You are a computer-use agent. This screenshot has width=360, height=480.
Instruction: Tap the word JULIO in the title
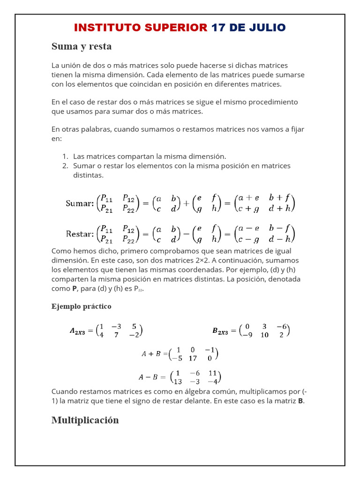(x=267, y=28)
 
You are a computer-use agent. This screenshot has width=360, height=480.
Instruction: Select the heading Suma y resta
(x=81, y=46)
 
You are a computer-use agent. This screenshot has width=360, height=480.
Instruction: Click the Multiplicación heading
(x=85, y=420)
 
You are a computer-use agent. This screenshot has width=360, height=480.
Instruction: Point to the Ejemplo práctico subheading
(x=81, y=306)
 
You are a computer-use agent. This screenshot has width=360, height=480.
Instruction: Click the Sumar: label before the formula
(x=80, y=203)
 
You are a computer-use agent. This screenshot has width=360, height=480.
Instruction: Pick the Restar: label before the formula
(x=80, y=233)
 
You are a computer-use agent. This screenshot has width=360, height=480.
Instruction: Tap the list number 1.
(x=65, y=156)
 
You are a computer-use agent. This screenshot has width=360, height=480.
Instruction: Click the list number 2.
(x=65, y=165)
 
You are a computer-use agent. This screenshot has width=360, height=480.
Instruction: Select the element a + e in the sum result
(x=249, y=198)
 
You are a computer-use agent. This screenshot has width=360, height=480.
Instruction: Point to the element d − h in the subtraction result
(x=280, y=239)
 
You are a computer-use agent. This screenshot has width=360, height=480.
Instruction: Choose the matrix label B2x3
(x=220, y=331)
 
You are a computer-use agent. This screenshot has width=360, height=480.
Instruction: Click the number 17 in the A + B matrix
(x=192, y=358)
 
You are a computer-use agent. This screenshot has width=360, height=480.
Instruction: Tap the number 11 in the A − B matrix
(x=212, y=373)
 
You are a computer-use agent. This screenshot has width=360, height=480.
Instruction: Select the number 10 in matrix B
(x=264, y=335)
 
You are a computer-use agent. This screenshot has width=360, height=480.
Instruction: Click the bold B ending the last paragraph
(x=300, y=401)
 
